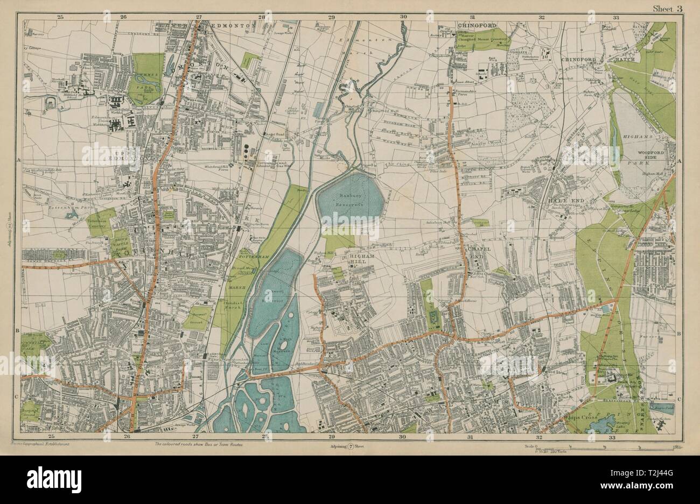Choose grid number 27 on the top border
pos(199,17)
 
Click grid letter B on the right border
pos(679,334)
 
